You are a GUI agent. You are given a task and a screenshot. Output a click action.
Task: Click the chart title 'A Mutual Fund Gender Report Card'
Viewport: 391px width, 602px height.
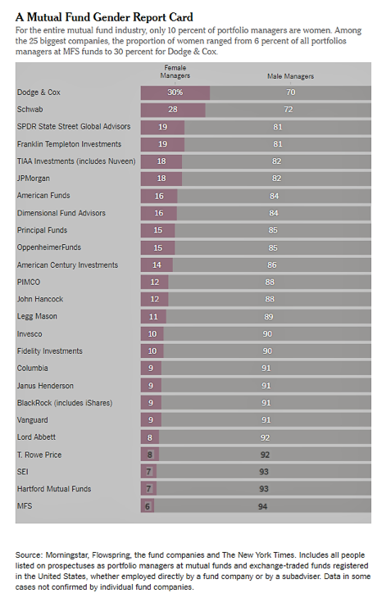pos(104,17)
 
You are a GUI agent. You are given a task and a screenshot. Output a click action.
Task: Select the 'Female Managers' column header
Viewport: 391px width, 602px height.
pos(175,72)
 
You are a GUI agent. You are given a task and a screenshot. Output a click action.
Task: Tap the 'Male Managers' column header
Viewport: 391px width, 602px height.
pos(290,76)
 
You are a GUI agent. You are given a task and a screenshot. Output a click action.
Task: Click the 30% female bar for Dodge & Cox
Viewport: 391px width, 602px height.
pos(175,93)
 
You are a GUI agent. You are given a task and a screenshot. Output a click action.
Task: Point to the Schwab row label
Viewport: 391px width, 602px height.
pos(30,110)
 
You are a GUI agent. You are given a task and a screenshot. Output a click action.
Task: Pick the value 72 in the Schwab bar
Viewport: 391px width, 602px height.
pos(289,110)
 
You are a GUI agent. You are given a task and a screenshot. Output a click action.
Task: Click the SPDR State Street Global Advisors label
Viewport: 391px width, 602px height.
pos(74,127)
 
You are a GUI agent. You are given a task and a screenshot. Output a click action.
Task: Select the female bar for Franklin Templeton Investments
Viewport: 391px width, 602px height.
pos(162,144)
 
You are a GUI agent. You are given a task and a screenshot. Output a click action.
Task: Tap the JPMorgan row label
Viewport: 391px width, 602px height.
pos(34,179)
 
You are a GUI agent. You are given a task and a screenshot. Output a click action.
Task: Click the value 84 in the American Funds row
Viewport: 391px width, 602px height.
pos(274,197)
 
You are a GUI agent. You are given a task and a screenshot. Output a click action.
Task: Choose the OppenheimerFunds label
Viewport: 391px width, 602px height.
pos(49,247)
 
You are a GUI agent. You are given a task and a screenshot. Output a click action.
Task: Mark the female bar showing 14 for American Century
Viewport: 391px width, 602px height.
pos(157,265)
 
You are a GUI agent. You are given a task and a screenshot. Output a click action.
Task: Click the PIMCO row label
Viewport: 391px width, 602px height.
pos(29,283)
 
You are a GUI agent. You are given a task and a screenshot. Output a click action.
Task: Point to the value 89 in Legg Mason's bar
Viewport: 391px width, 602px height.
pos(269,317)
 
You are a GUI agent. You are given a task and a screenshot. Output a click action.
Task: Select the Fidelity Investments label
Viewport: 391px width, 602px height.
pos(49,351)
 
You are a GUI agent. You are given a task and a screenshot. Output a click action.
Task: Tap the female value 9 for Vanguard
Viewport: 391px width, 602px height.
pos(151,420)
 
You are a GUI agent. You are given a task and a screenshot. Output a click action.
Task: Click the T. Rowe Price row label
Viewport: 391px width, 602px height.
pos(39,455)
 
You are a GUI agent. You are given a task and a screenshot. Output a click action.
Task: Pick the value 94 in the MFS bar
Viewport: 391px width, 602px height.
pos(262,507)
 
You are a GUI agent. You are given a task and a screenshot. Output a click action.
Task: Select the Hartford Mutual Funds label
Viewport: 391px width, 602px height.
pos(54,489)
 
